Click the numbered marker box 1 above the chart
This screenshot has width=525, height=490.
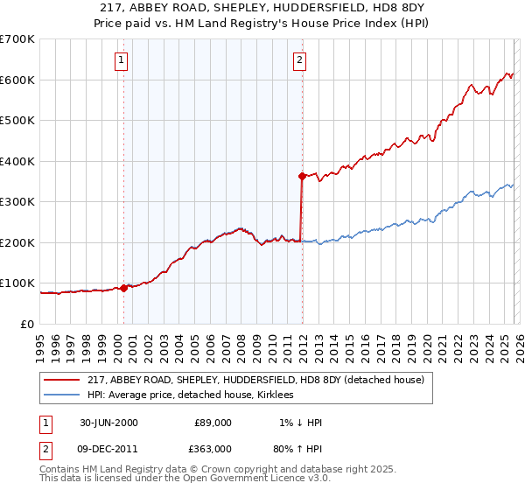click(121, 60)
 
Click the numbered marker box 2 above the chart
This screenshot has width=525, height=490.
click(299, 60)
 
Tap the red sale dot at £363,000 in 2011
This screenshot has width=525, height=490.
click(302, 176)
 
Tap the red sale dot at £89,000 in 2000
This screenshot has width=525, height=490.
click(123, 287)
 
